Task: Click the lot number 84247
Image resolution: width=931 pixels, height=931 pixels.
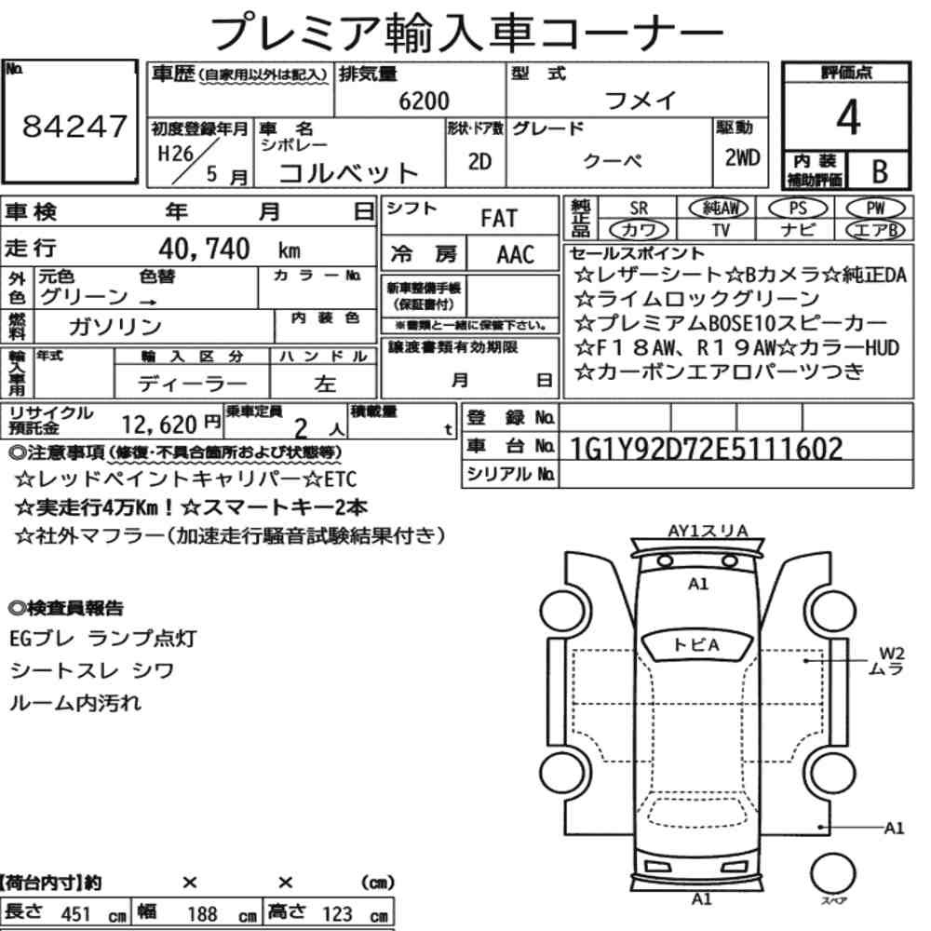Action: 74,126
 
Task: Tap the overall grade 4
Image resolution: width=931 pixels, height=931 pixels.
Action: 848,117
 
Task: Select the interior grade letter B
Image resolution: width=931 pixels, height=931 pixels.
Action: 880,171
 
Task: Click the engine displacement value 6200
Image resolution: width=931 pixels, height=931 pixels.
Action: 424,101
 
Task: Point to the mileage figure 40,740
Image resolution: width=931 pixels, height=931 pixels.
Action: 204,249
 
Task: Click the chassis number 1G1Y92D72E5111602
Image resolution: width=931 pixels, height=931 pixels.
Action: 706,449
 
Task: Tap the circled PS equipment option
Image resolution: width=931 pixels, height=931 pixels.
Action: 798,209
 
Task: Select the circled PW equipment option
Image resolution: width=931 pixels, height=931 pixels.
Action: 875,209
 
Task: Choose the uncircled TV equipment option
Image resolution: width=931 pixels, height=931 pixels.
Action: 721,230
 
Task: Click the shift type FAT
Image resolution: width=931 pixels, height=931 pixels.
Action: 499,219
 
